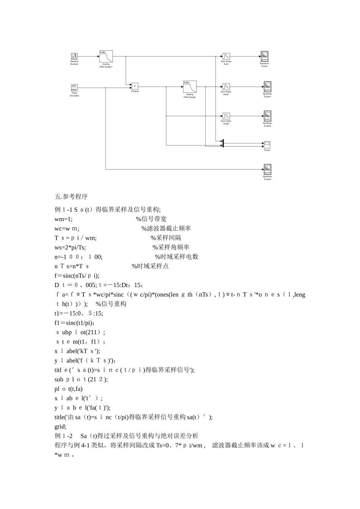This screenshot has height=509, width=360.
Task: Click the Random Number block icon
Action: [74, 56]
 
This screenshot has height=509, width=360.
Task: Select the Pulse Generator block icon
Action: [74, 88]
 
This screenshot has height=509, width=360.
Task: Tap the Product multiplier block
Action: [135, 86]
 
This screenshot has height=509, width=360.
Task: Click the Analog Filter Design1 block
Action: [106, 56]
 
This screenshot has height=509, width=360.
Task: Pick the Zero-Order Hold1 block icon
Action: [226, 87]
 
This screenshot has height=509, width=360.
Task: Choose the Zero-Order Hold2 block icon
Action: [226, 116]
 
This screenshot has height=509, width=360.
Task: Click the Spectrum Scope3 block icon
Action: [268, 169]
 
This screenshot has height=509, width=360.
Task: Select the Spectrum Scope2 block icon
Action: [268, 116]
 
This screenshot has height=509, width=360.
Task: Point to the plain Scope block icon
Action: [267, 144]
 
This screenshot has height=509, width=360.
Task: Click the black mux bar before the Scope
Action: [223, 143]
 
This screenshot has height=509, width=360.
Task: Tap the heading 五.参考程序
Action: [71, 197]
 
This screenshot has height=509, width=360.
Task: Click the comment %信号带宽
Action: [151, 219]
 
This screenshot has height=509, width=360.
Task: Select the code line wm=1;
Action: [64, 219]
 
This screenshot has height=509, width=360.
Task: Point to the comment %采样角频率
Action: [171, 247]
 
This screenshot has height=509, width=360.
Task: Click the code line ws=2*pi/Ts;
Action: [70, 247]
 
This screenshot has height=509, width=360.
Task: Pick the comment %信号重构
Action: [111, 304]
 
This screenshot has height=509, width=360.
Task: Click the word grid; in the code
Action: [60, 426]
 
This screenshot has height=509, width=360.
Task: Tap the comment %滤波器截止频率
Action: [166, 228]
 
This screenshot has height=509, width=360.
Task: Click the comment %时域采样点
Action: [150, 266]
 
